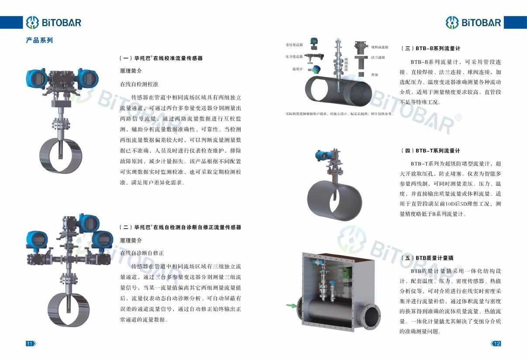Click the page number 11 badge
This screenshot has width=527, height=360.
(31, 343)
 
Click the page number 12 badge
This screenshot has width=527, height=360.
(496, 343)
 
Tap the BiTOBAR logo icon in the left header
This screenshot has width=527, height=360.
(32, 23)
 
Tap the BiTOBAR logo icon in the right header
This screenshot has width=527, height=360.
(452, 23)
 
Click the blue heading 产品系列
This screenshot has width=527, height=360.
(39, 40)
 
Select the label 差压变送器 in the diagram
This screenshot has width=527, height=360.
(294, 45)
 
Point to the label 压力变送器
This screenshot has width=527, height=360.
(294, 57)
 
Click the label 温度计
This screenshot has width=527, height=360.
(297, 69)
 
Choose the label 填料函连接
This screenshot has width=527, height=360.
(380, 47)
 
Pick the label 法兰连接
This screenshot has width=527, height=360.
(378, 57)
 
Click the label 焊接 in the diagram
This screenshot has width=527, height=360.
(375, 75)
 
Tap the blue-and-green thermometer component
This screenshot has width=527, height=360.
(315, 69)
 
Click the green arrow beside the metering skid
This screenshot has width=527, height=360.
(292, 305)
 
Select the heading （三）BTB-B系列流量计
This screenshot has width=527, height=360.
(431, 48)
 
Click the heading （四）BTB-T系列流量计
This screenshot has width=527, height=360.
(431, 151)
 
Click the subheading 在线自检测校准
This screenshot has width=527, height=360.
(139, 84)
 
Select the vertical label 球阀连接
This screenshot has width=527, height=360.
(346, 65)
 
